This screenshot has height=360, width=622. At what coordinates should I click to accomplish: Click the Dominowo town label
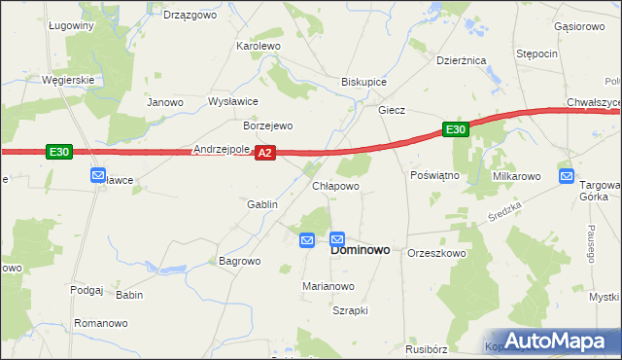pos(361,250)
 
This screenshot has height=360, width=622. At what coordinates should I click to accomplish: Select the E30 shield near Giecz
pos(456,129)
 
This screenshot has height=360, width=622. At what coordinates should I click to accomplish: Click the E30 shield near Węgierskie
pos(58,152)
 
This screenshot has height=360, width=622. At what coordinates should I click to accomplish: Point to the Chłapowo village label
pos(336,186)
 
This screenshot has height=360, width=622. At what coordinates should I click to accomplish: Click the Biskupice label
pos(364,83)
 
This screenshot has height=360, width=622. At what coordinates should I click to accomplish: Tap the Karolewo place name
pos(259,46)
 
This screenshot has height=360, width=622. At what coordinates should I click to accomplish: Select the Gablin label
pos(262,205)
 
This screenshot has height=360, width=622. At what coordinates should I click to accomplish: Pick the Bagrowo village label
pos(240,262)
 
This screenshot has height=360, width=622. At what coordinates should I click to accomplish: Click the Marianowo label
pos(328,287)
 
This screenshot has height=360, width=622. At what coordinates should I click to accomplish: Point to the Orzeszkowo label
pos(437,253)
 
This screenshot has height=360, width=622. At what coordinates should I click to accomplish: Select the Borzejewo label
pos(267,126)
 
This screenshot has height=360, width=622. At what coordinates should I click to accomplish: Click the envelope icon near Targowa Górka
pos(567,176)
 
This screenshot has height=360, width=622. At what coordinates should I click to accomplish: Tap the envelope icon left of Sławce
pos(98,175)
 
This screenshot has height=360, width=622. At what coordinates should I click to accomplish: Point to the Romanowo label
pos(101,322)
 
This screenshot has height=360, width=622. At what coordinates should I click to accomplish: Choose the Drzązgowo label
pos(190,16)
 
